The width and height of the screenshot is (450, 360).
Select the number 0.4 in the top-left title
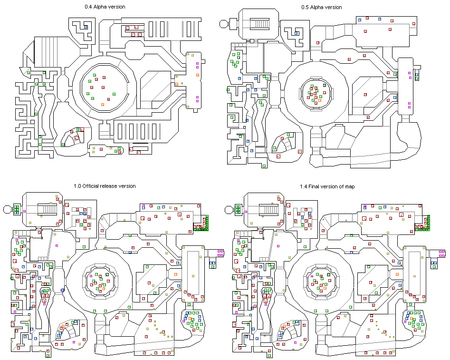pos(88,7)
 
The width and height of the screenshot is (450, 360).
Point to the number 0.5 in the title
pos(305,8)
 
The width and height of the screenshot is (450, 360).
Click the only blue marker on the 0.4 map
pos(86,27)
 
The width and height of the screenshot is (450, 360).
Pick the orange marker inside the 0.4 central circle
pos(103,105)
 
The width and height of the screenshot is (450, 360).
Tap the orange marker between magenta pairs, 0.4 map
pos(198,75)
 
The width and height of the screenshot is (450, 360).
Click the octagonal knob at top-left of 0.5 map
pos(223,24)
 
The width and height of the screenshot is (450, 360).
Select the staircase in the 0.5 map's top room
pos(259,24)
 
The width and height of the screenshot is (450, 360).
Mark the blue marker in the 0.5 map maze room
pos(297,33)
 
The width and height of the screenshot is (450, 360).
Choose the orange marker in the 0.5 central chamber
pos(320,100)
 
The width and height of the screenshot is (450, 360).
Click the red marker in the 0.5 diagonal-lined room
pos(365,95)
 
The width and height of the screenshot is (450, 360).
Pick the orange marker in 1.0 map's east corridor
pos(176,274)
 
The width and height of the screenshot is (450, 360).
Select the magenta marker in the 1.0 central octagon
pos(91,276)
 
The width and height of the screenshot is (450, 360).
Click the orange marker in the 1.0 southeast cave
pos(190,319)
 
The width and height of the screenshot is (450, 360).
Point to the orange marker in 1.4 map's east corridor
pos(397,274)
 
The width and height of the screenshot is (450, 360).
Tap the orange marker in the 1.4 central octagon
pos(325,288)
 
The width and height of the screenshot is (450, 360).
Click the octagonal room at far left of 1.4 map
pos(229,209)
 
